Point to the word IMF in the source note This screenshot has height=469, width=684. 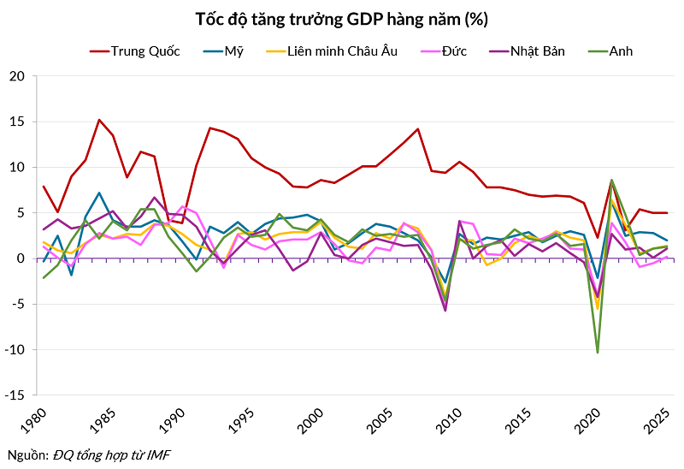(158, 454)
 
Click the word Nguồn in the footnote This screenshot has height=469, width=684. (24, 454)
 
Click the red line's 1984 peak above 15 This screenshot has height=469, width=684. (99, 120)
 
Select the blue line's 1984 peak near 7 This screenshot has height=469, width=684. (99, 193)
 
